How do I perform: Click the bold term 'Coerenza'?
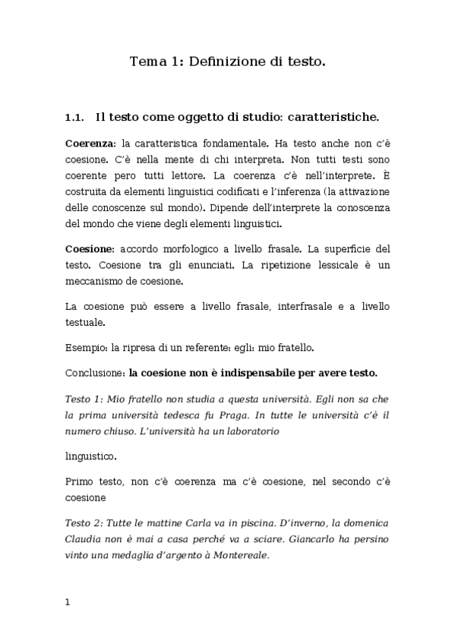tap(90, 144)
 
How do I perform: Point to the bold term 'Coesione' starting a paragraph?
tap(89, 249)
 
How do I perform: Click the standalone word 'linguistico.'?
tap(91, 456)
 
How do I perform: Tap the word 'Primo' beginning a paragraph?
tap(80, 482)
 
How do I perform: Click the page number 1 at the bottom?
tap(68, 602)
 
